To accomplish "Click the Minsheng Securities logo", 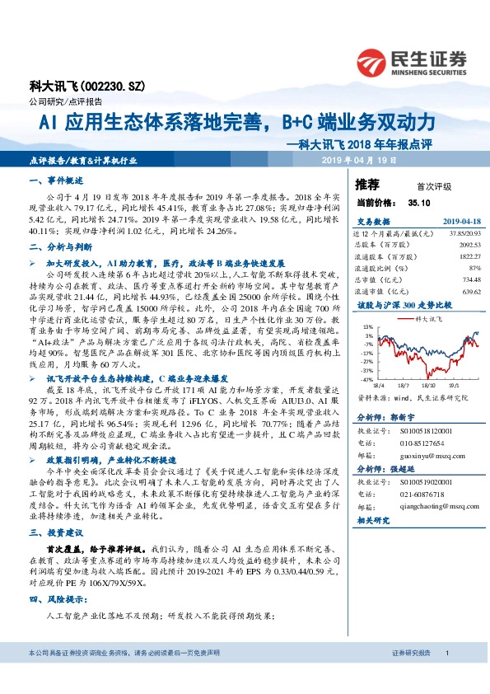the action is [x=411, y=59].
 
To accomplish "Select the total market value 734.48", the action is [x=466, y=279].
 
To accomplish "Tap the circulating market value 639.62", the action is [x=466, y=291].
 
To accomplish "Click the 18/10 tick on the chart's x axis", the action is [x=426, y=385].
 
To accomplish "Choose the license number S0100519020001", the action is [x=424, y=483].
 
